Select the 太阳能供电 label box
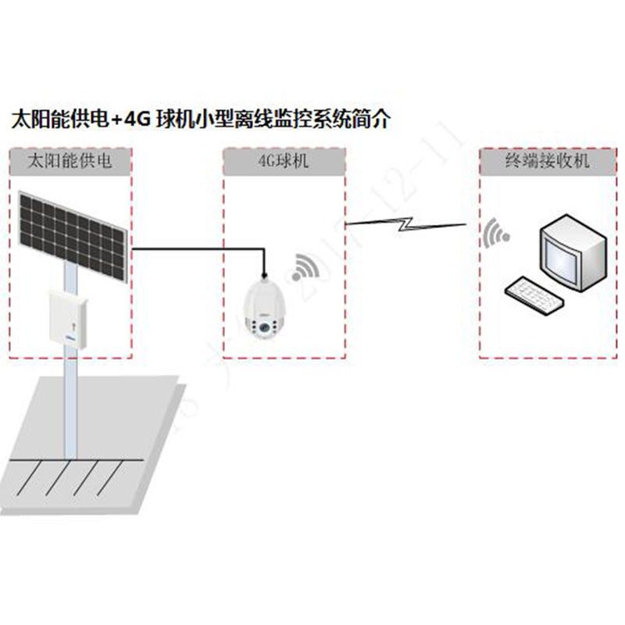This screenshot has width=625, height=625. [x=70, y=162]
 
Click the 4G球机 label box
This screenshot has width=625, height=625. [x=283, y=162]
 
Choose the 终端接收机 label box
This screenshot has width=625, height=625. [x=545, y=162]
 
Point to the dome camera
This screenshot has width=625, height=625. [x=264, y=309]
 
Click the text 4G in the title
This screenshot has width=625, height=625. [x=140, y=120]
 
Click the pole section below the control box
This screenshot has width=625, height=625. [x=71, y=406]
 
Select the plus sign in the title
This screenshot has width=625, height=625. [x=116, y=120]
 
